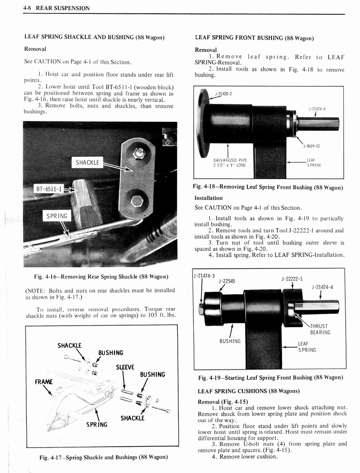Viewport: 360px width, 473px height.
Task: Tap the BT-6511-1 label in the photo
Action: coord(48,189)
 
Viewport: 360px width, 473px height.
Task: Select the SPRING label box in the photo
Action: coord(57,216)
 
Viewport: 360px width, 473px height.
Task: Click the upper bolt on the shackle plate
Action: coord(138,153)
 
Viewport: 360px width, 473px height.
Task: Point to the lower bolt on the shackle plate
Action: coord(137,201)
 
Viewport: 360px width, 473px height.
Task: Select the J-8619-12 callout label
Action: coord(312,146)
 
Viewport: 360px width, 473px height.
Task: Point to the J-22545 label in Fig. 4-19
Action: coord(227,281)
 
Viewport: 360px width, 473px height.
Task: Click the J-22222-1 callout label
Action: coord(292,279)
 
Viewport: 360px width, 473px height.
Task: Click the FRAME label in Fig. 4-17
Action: coord(44,382)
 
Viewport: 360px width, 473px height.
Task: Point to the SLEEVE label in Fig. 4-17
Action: coord(125,367)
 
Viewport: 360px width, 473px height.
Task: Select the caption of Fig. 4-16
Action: coord(101,276)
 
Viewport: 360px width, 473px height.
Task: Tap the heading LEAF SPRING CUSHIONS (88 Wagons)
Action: coord(248,391)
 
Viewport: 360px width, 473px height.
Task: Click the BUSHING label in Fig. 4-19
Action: coord(230,341)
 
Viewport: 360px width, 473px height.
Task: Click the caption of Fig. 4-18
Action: coord(268,187)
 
